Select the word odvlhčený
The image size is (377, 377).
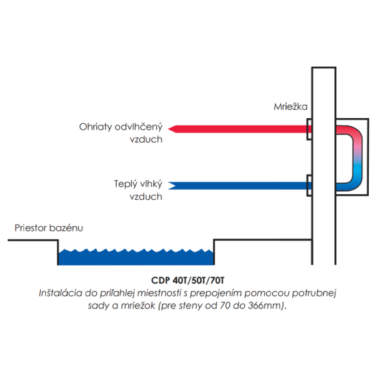pyautogui.click(x=138, y=126)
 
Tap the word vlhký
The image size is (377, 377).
pyautogui.click(x=150, y=183)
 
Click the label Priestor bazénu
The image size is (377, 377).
pyautogui.click(x=48, y=227)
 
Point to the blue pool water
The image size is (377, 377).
pyautogui.click(x=136, y=256)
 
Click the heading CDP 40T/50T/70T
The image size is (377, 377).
pyautogui.click(x=188, y=281)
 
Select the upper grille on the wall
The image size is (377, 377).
pyautogui.click(x=309, y=129)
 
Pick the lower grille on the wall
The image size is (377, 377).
pyautogui.click(x=309, y=186)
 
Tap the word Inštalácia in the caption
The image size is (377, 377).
pyautogui.click(x=61, y=293)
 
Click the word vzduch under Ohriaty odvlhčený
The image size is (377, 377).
pyautogui.click(x=146, y=139)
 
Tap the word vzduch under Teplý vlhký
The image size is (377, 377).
pyautogui.click(x=146, y=196)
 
